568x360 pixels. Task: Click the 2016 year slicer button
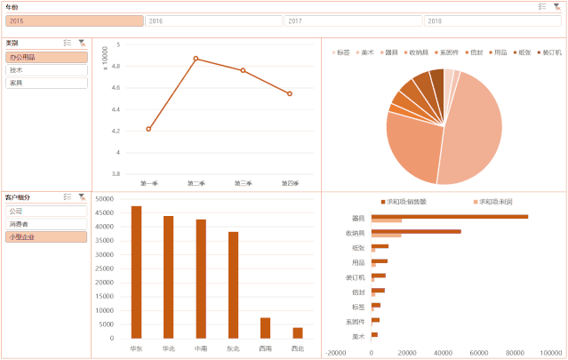click(213, 20)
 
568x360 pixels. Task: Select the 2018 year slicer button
click(493, 20)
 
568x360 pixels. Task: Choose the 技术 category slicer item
click(46, 69)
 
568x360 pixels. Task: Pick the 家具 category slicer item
click(46, 83)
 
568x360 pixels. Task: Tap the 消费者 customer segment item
click(46, 224)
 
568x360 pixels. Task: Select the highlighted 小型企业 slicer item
click(46, 237)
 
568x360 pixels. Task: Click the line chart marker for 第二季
click(196, 59)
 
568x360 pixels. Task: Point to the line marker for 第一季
click(148, 129)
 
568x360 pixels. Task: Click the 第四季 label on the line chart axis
click(290, 183)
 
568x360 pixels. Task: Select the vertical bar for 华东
click(136, 272)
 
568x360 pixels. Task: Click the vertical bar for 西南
click(265, 327)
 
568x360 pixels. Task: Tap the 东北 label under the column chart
click(233, 348)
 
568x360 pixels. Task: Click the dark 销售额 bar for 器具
click(449, 216)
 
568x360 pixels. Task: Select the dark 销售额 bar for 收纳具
click(416, 231)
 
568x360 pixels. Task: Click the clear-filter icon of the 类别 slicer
click(82, 43)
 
